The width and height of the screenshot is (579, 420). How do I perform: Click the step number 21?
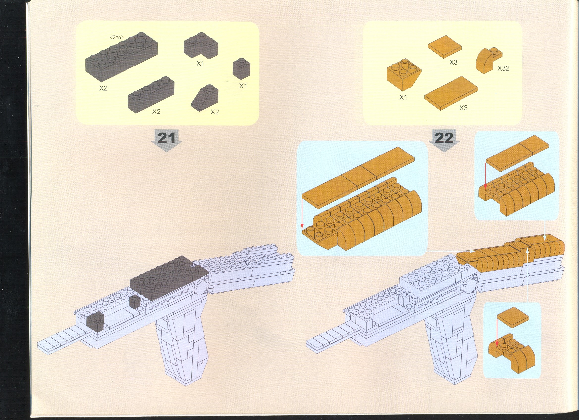(166, 138)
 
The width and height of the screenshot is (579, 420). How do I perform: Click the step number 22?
(444, 138)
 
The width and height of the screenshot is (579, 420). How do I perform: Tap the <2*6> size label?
(117, 38)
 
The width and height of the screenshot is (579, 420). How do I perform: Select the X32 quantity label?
(503, 68)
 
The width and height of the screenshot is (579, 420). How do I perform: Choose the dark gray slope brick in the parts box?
(205, 98)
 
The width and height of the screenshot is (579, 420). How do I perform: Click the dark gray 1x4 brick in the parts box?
(151, 95)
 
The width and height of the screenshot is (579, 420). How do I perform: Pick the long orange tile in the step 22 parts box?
(451, 93)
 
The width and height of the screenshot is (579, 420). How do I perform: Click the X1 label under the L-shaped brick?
(201, 63)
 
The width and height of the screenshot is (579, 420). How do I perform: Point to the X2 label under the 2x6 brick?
(103, 88)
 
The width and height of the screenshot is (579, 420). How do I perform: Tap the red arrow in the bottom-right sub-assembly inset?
(497, 332)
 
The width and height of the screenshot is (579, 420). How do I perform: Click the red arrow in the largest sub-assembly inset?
(302, 214)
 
